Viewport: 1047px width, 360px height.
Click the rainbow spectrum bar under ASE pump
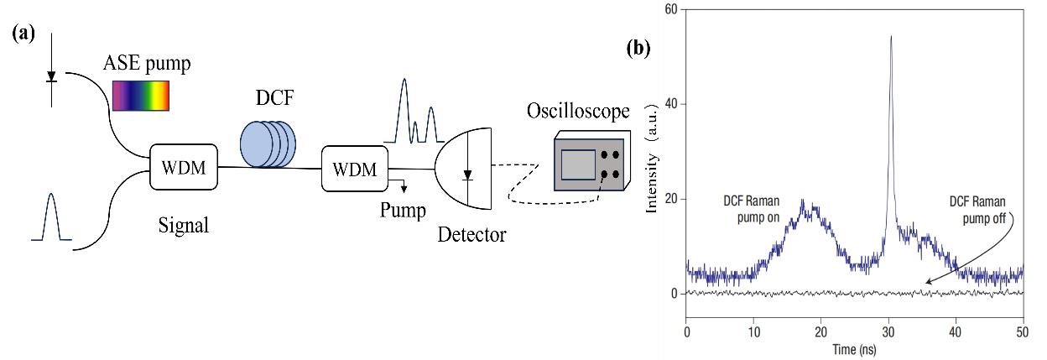point(141,95)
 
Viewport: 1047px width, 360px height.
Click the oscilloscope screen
point(578,164)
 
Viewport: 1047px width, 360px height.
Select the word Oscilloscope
point(576,112)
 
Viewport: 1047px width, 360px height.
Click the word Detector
point(472,234)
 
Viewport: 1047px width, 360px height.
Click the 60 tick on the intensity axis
point(670,9)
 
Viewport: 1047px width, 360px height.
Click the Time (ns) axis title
point(855,347)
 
